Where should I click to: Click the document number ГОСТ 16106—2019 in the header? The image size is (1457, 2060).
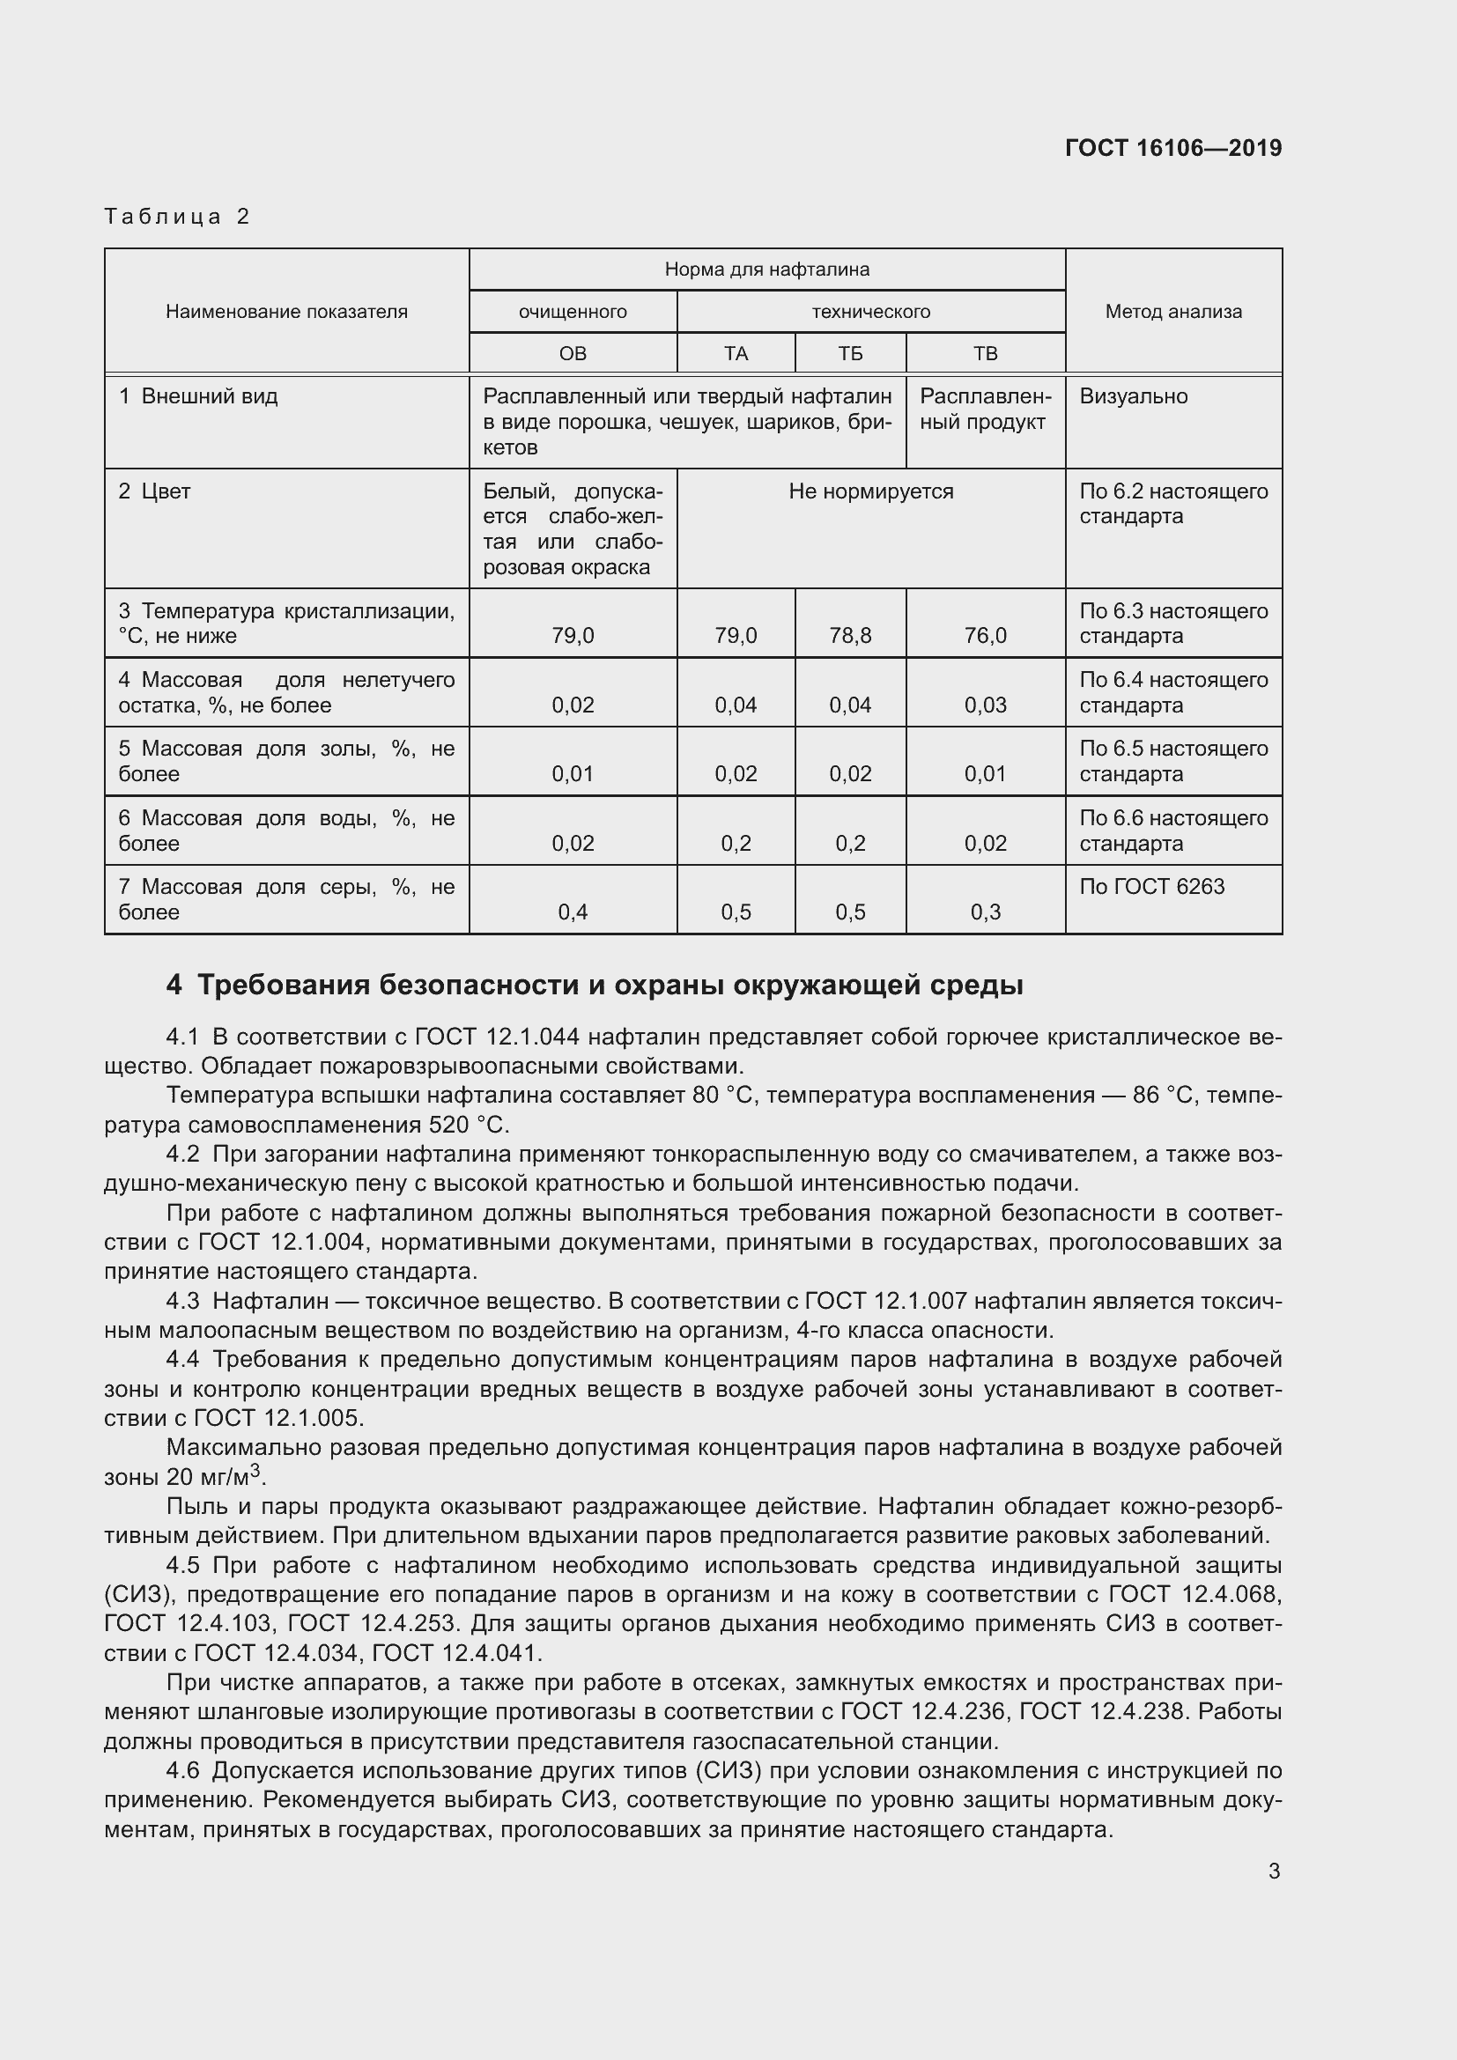click(x=1172, y=148)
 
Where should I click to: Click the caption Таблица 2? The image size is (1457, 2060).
click(x=177, y=217)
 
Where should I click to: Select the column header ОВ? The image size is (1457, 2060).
click(x=573, y=353)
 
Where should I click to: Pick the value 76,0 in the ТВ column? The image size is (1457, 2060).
click(x=985, y=636)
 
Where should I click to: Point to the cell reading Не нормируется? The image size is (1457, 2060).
click(x=870, y=491)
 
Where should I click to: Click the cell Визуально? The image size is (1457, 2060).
click(x=1133, y=396)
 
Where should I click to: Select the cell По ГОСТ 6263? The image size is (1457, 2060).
click(x=1151, y=887)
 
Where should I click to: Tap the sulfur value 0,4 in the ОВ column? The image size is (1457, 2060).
click(x=573, y=912)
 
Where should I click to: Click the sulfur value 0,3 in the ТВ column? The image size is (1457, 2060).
click(x=985, y=912)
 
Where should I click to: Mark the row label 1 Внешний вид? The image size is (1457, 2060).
click(x=198, y=396)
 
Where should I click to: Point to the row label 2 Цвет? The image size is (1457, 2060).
click(x=154, y=491)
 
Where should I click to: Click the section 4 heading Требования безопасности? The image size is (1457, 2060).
click(x=594, y=986)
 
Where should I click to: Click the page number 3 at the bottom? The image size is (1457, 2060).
click(x=1274, y=1871)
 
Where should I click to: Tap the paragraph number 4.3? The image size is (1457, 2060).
click(x=183, y=1301)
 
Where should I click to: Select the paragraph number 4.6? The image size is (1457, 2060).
click(x=183, y=1771)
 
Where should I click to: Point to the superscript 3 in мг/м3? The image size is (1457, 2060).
click(x=255, y=1469)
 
